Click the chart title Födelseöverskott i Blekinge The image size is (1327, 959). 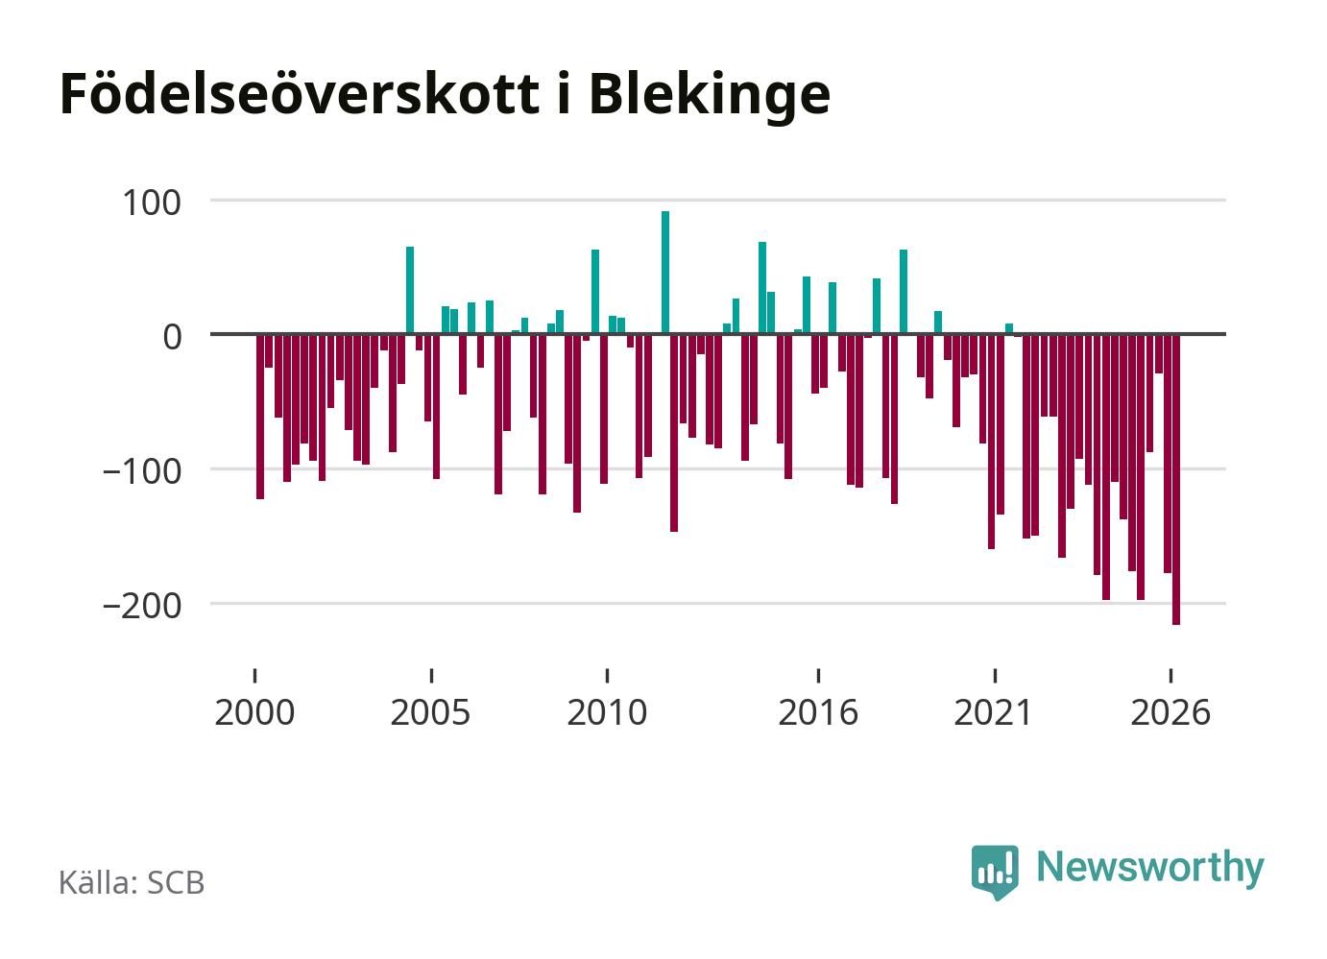click(x=445, y=95)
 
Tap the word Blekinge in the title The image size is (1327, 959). click(x=710, y=95)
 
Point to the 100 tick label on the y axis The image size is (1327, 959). click(x=151, y=204)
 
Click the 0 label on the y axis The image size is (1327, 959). click(x=173, y=337)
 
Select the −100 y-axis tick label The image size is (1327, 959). click(x=141, y=472)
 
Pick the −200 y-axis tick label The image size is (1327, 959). click(x=141, y=607)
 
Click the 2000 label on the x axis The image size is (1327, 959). click(x=254, y=712)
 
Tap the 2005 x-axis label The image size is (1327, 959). click(x=431, y=712)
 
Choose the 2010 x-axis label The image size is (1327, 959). click(x=607, y=712)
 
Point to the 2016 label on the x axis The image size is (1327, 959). click(x=818, y=712)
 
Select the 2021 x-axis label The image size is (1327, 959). click(x=994, y=712)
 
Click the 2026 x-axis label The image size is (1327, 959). click(x=1170, y=712)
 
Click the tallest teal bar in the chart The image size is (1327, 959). click(x=665, y=273)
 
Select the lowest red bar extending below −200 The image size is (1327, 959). click(x=1176, y=480)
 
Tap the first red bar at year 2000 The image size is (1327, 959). click(x=260, y=417)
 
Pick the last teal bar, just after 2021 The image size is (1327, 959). click(x=1009, y=328)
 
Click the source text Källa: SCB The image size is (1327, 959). click(x=132, y=882)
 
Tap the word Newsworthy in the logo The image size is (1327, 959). click(x=1150, y=869)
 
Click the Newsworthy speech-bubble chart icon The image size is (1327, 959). click(x=995, y=872)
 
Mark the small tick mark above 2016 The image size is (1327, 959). click(x=818, y=676)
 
